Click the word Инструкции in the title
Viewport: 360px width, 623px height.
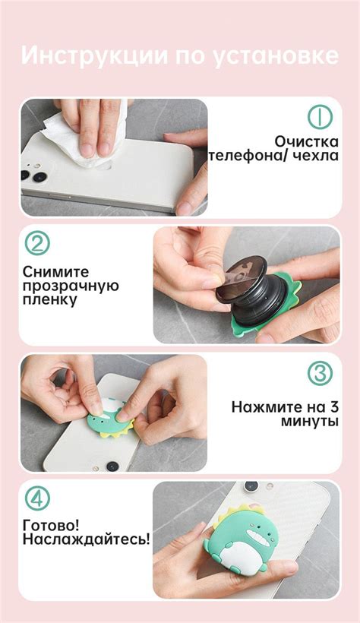coord(95,55)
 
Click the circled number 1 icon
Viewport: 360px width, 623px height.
coord(320,117)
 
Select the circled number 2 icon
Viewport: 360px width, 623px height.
coord(37,243)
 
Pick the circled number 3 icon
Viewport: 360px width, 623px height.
coord(320,373)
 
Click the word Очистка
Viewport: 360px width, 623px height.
coord(306,141)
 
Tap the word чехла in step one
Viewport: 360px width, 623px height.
coord(316,155)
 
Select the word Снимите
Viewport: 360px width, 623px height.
coord(56,272)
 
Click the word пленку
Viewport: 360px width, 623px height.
coord(49,299)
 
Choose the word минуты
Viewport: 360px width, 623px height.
coord(310,421)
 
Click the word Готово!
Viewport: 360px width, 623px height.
coord(51,526)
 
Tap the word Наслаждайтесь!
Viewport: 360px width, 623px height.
coord(87,539)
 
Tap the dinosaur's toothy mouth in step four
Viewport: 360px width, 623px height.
coord(256,533)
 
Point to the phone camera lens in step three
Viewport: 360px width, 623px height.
coord(112,466)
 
